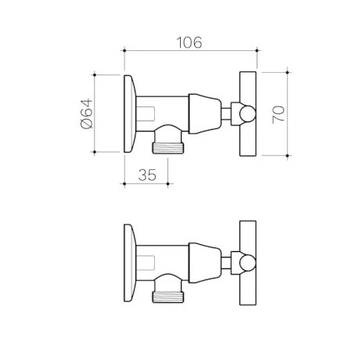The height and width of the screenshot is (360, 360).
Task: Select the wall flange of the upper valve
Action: [131, 113]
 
